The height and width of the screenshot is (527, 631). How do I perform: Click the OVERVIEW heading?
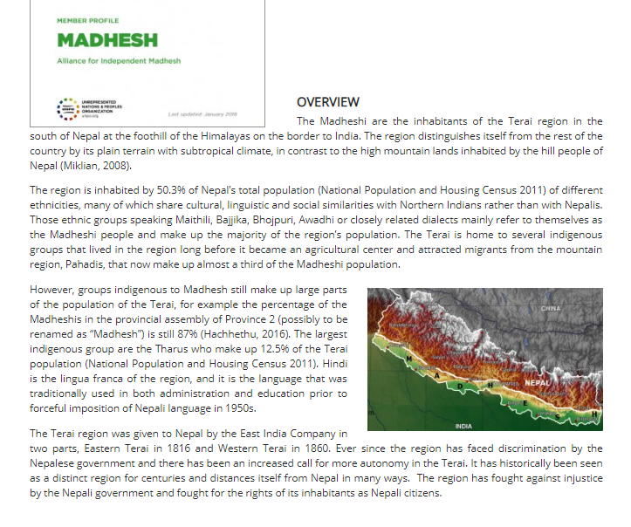pos(327,102)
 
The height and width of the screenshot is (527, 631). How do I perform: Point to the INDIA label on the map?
pos(463,426)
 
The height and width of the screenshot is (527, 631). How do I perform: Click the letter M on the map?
pos(408,359)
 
